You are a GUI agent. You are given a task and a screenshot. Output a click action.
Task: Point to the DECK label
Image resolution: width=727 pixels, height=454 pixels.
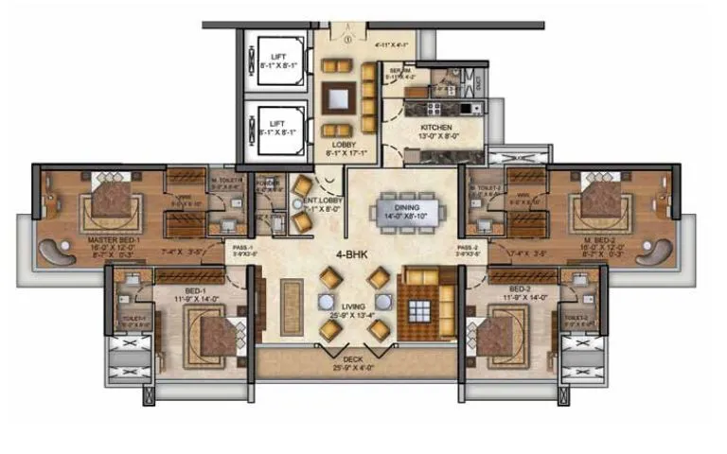pos(352,358)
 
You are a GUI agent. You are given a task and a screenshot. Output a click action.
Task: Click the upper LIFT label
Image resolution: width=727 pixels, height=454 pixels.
pos(276,58)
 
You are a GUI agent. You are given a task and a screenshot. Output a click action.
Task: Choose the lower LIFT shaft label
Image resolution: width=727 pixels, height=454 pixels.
pos(276,123)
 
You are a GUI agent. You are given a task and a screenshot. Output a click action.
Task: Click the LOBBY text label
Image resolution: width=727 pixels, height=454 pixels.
pos(343,144)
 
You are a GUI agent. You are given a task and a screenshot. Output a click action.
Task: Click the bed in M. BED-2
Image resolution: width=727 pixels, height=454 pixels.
pos(598,199)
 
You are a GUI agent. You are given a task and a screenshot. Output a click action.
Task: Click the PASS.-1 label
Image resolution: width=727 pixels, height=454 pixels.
pos(241,248)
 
